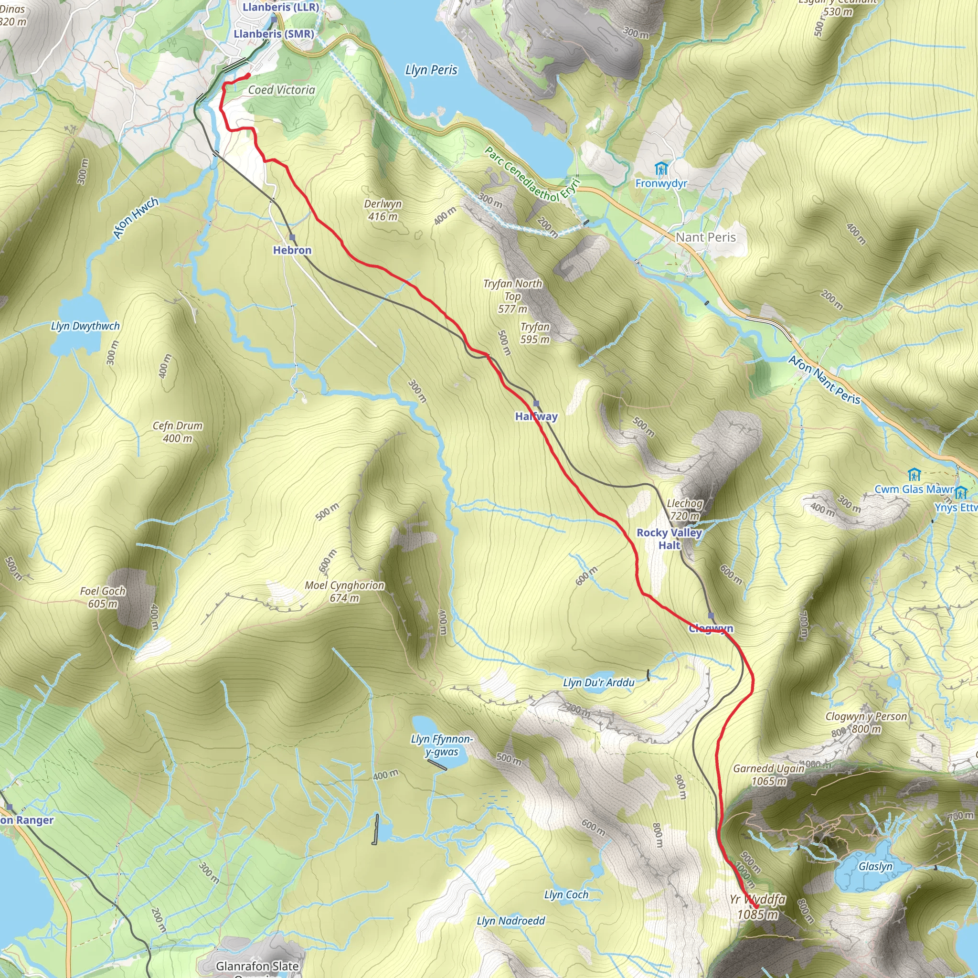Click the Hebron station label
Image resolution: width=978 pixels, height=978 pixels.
click(292, 250)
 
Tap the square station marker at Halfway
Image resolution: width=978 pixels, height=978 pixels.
click(536, 404)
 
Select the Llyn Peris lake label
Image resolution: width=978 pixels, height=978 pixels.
click(431, 70)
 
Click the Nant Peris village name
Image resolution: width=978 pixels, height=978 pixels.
click(705, 237)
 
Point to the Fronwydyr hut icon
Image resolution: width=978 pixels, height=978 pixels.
click(661, 168)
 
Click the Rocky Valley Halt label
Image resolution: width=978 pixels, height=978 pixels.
click(669, 539)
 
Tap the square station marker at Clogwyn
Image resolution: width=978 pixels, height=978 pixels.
click(711, 616)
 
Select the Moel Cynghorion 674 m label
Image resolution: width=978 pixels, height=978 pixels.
click(344, 591)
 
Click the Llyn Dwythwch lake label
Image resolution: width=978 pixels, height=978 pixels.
click(85, 326)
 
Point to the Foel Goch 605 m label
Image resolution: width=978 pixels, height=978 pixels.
click(103, 597)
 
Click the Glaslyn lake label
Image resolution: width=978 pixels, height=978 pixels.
click(875, 867)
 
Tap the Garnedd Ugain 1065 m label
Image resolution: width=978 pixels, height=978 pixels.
click(768, 775)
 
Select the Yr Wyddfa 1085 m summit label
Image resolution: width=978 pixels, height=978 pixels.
click(757, 907)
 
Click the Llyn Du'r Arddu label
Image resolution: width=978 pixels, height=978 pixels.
click(598, 683)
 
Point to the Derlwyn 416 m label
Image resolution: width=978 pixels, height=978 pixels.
click(383, 210)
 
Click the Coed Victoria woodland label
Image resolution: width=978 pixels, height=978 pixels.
click(281, 90)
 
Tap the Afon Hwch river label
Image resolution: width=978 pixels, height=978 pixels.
click(135, 218)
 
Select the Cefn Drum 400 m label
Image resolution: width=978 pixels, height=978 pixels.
click(177, 432)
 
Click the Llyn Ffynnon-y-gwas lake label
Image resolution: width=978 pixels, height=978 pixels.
click(441, 745)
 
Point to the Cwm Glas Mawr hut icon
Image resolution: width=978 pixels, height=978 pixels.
click(914, 475)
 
